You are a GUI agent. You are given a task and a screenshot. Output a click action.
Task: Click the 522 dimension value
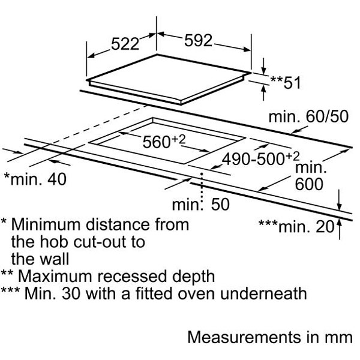125,44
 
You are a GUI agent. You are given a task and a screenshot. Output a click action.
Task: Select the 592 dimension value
198,41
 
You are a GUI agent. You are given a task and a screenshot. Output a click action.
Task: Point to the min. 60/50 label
308,116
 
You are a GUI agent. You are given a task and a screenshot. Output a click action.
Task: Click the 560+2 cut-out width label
164,141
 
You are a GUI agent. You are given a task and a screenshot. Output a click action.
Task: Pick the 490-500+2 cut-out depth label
260,158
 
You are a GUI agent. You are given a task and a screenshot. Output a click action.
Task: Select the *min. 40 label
35,179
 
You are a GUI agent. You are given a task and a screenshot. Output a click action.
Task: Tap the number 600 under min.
309,184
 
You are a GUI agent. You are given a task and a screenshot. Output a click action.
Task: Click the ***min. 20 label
296,226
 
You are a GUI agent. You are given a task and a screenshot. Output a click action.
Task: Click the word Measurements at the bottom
244,337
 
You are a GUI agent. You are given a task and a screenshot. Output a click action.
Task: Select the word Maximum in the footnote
55,276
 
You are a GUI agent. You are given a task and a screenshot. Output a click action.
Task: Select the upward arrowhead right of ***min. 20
340,223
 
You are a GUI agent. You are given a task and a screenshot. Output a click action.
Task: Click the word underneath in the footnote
263,293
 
